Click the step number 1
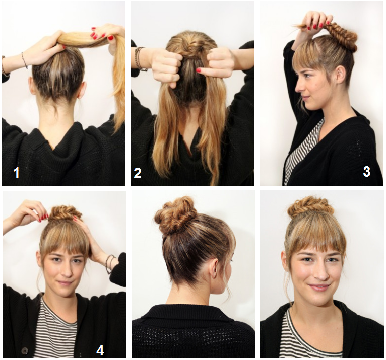click(17, 172)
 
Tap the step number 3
click(366, 171)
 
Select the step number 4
click(100, 350)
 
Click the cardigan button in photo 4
click(24, 350)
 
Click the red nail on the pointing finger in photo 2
click(199, 70)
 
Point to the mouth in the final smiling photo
click(318, 287)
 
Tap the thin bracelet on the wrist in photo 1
click(24, 60)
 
